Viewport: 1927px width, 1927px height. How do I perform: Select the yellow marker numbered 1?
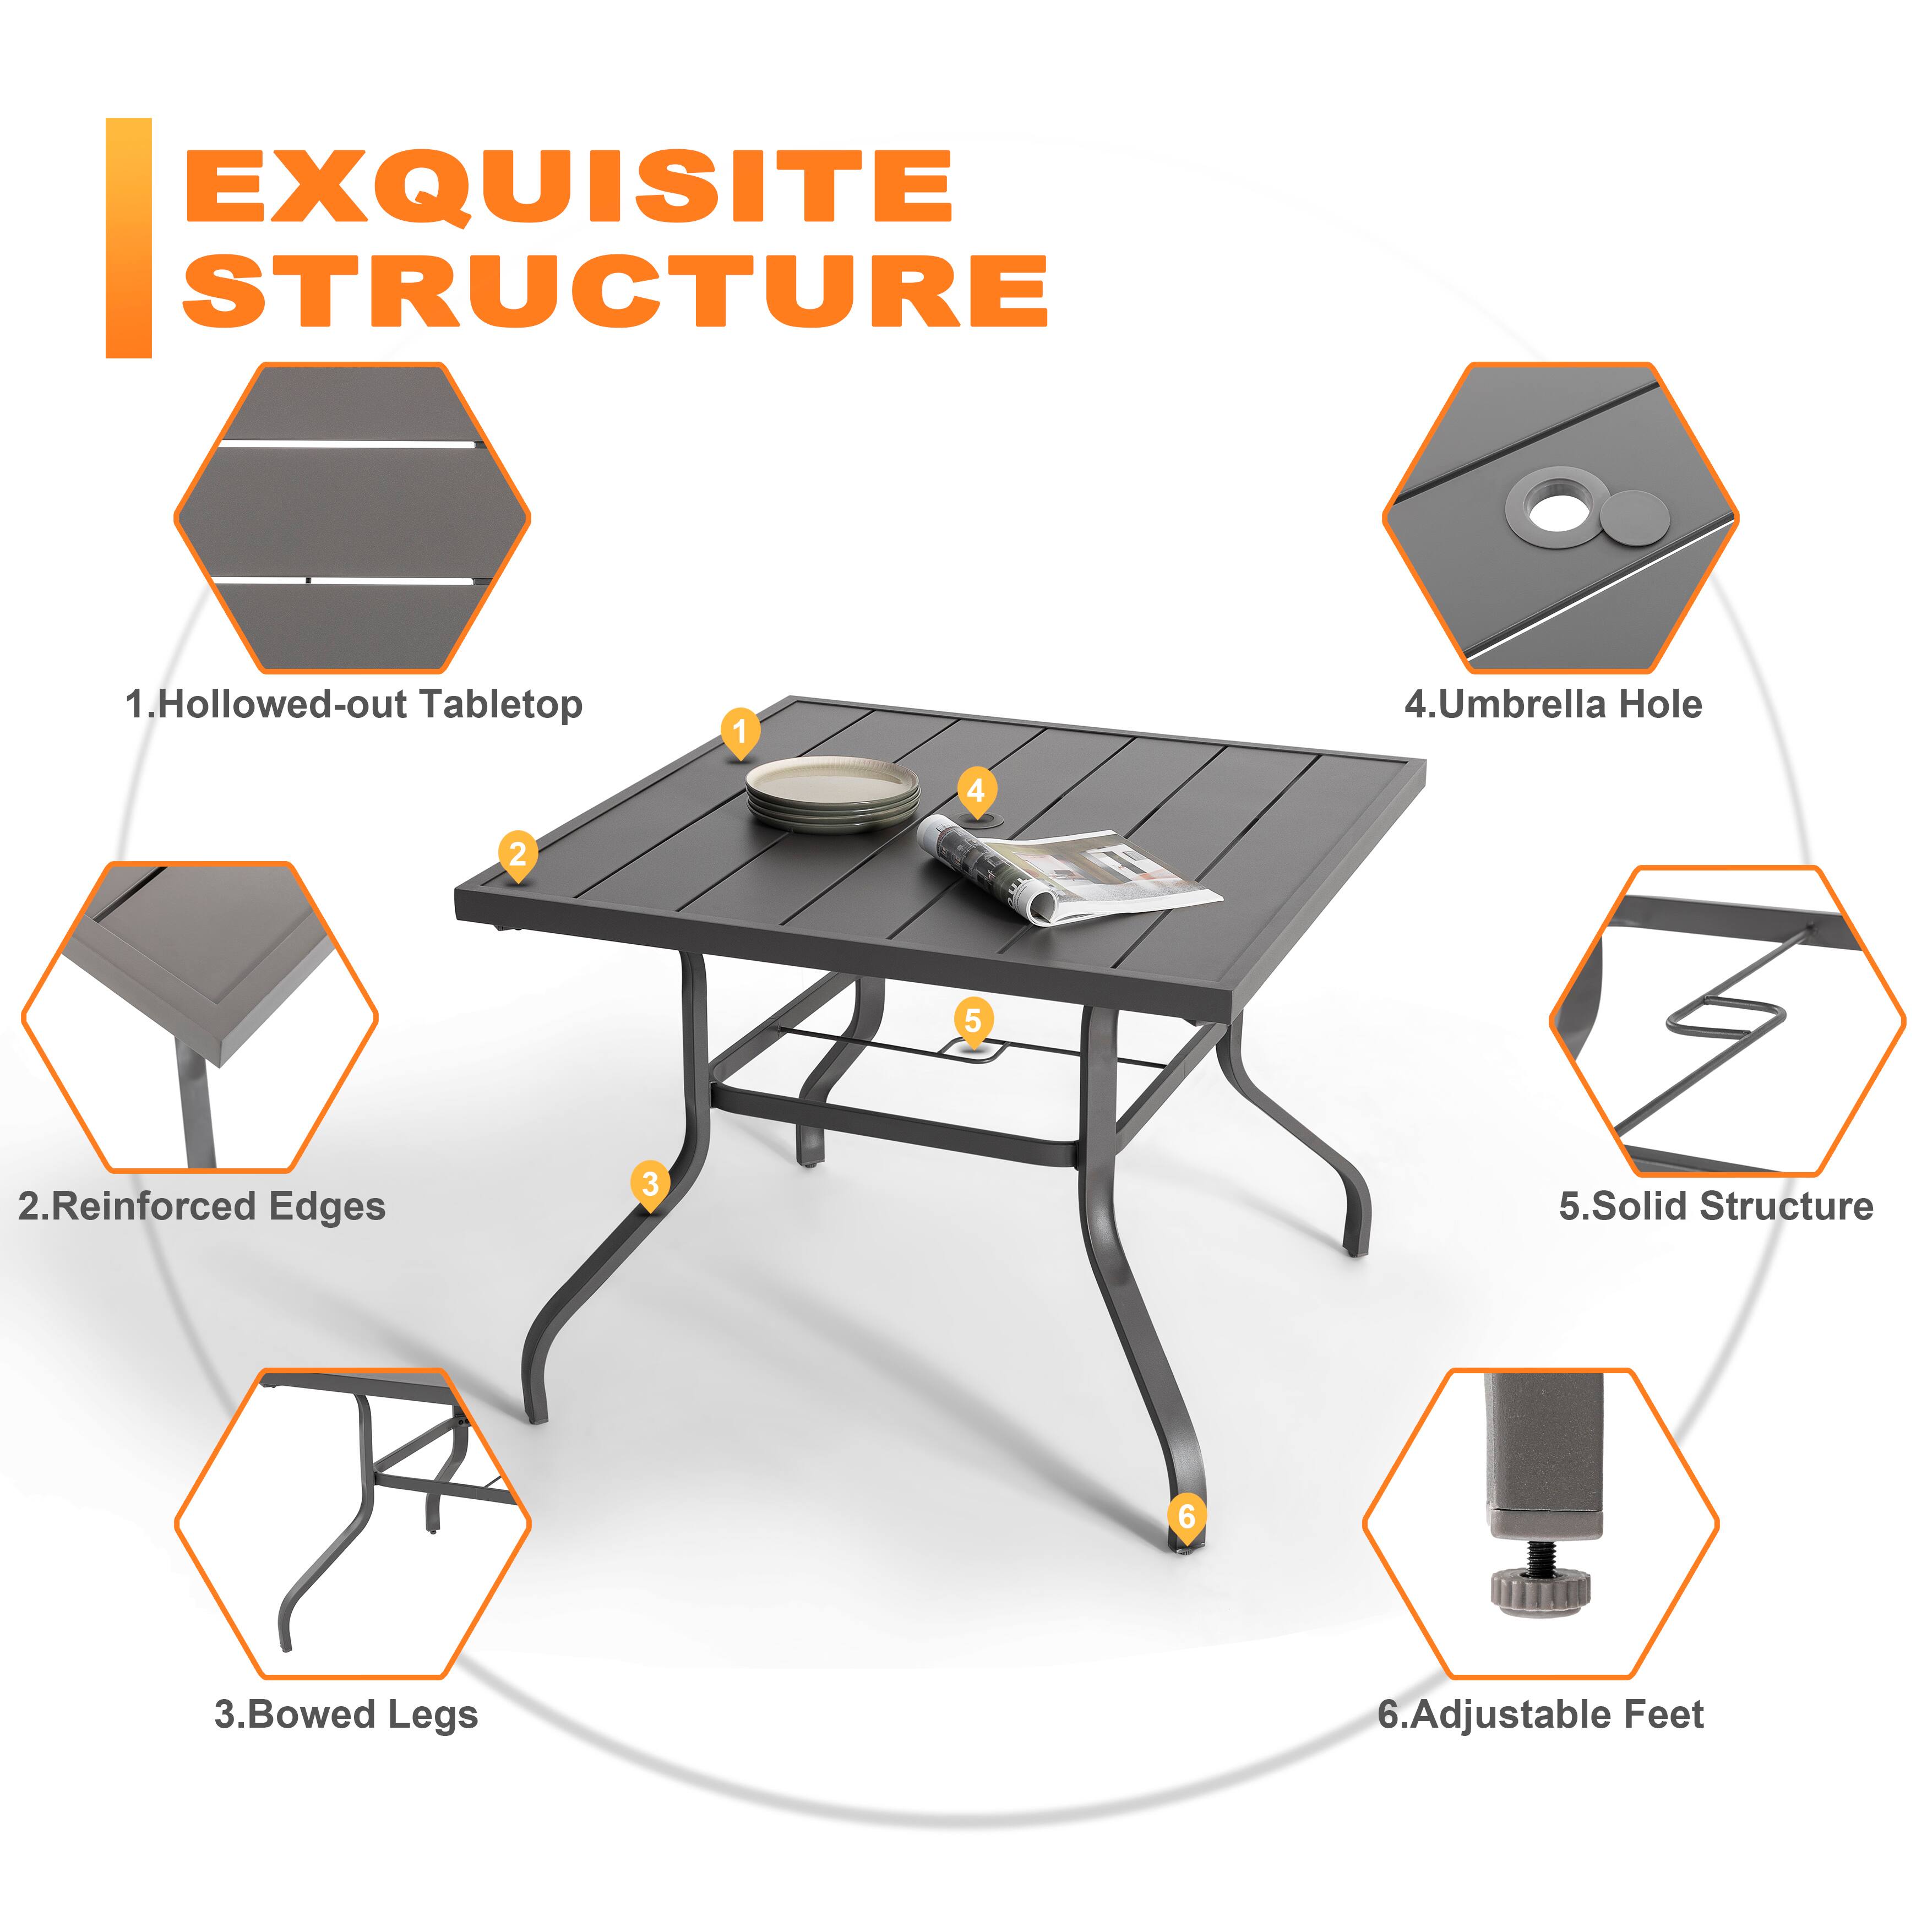click(740, 731)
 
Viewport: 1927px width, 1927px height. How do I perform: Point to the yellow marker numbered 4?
click(977, 790)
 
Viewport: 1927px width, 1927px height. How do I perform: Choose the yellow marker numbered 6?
click(1186, 1516)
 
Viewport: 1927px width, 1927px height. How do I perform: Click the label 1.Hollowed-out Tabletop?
click(353, 704)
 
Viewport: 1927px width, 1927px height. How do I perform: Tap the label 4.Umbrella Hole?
click(1553, 704)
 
